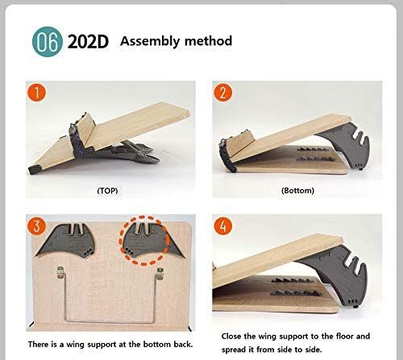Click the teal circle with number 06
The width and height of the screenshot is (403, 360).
tap(45, 41)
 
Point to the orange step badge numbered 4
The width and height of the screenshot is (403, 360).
tap(222, 226)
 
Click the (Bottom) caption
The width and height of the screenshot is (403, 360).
tap(297, 191)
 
